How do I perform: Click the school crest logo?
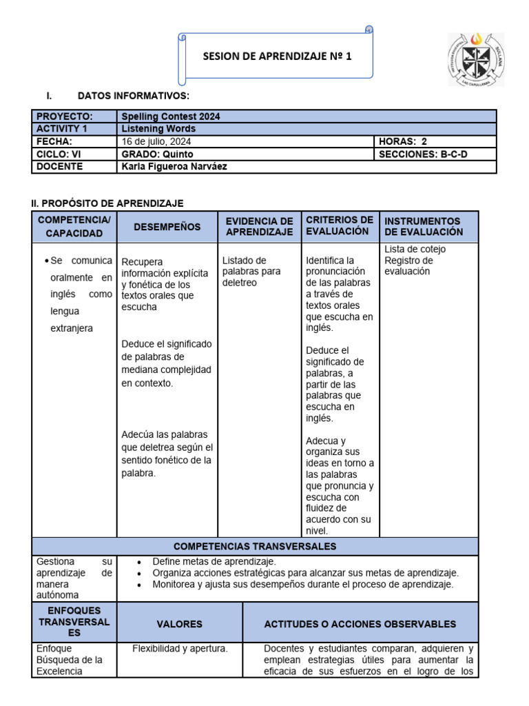pyautogui.click(x=475, y=59)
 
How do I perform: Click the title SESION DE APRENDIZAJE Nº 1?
pyautogui.click(x=277, y=57)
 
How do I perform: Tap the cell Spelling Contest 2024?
pyautogui.click(x=171, y=117)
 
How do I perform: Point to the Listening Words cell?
pyautogui.click(x=158, y=129)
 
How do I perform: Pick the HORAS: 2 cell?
pyautogui.click(x=403, y=141)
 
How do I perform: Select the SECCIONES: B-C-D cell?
pyautogui.click(x=423, y=154)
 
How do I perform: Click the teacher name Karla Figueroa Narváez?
pyautogui.click(x=174, y=166)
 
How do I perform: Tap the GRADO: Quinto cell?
pyautogui.click(x=157, y=154)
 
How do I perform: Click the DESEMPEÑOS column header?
pyautogui.click(x=167, y=227)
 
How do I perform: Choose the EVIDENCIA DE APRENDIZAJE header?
pyautogui.click(x=259, y=227)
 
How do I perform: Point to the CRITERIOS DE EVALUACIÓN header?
pyautogui.click(x=340, y=226)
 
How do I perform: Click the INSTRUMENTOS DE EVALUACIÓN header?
pyautogui.click(x=424, y=227)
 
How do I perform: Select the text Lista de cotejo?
pyautogui.click(x=415, y=249)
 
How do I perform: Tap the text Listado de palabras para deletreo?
pyautogui.click(x=251, y=271)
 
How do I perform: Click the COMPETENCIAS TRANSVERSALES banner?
pyautogui.click(x=255, y=547)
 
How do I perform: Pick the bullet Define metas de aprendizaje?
pyautogui.click(x=214, y=561)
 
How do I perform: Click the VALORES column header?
pyautogui.click(x=179, y=624)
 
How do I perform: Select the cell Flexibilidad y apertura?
pyautogui.click(x=180, y=649)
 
